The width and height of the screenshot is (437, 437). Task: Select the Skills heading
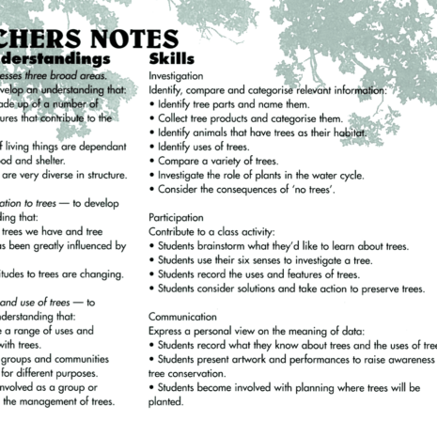171,59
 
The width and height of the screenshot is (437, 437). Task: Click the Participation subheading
177,217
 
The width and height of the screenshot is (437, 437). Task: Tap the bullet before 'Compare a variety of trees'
152,161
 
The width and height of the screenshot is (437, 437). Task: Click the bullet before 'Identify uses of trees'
152,147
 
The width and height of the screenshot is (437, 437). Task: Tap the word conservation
198,373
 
